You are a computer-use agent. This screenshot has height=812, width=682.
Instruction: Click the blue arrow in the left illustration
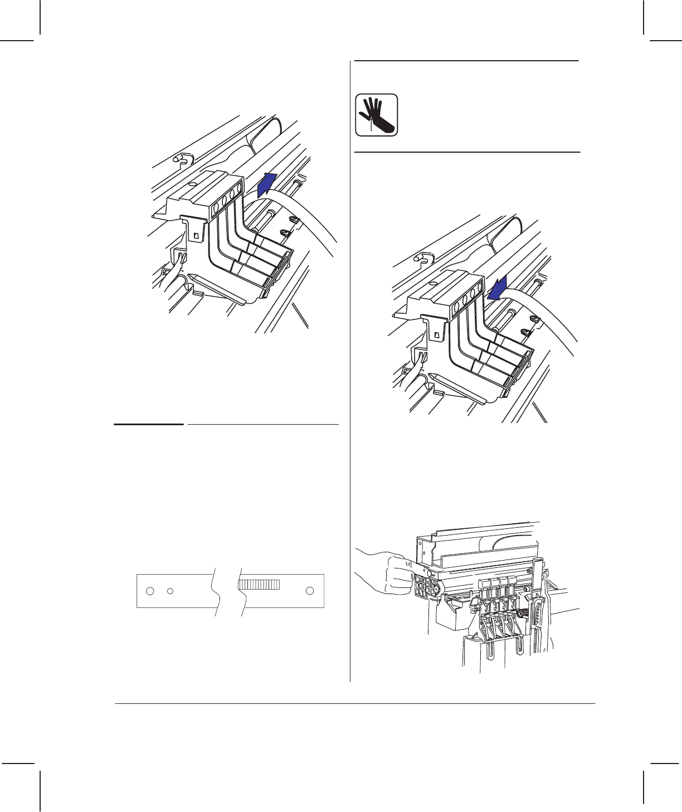268,183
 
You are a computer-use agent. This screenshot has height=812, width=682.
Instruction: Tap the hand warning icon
377,115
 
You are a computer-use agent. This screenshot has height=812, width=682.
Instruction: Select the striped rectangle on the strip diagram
259,584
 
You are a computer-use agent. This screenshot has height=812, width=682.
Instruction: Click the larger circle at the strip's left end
149,591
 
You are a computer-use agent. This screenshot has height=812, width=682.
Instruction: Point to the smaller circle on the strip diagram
171,591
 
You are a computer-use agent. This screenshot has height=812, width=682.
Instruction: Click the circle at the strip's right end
310,591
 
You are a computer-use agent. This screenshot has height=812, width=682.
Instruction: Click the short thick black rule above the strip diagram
149,424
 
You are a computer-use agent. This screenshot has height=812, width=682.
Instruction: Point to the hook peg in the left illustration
179,159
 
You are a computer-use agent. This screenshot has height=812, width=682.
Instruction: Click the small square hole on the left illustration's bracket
196,236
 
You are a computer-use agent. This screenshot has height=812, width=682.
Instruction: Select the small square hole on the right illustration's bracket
436,335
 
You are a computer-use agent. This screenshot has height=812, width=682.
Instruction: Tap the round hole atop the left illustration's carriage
192,183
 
